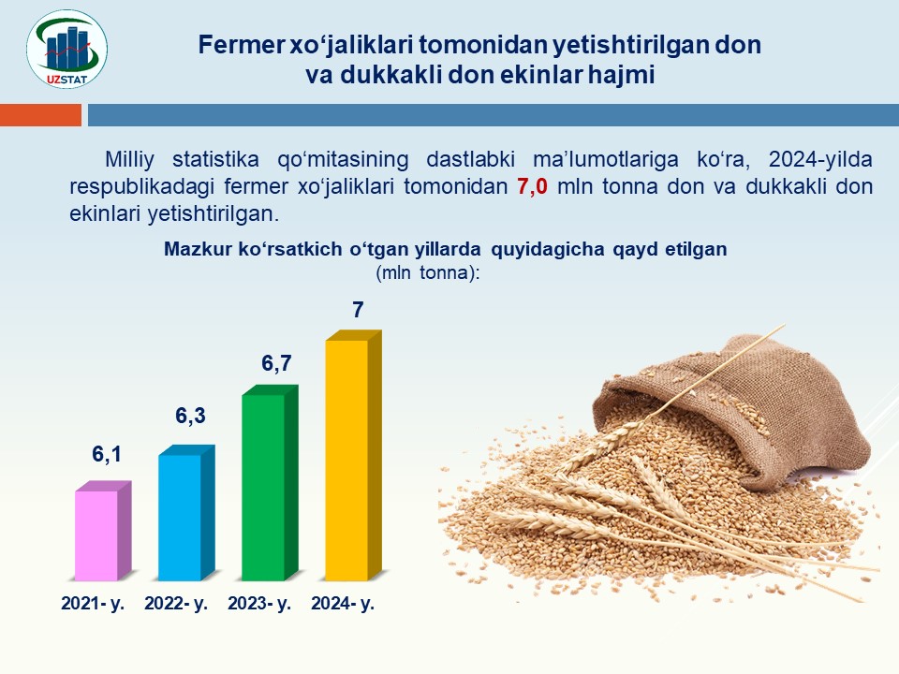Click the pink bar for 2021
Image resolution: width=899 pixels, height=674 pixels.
[103, 531]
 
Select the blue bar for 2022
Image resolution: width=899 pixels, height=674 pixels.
[186, 513]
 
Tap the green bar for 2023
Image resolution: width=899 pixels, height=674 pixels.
[270, 483]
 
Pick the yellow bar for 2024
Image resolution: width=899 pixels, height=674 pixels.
[353, 455]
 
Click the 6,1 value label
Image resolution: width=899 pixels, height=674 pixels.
[107, 455]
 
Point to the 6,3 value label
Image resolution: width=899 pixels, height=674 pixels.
[190, 416]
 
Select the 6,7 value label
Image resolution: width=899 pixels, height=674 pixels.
[276, 363]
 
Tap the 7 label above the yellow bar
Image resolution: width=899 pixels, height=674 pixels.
[358, 310]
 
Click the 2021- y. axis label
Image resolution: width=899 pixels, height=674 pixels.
[93, 604]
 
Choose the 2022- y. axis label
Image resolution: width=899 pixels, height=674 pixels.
[176, 604]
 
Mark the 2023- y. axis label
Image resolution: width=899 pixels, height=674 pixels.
[259, 604]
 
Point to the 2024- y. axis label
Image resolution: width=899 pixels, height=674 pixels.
[343, 604]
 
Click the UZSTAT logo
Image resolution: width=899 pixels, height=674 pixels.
[66, 50]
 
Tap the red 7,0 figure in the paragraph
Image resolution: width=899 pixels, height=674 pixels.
[532, 186]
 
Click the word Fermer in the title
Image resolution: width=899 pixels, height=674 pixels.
[241, 45]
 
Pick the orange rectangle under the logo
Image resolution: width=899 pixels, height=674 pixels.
[40, 114]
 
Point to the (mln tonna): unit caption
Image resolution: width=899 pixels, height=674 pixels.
[428, 272]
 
